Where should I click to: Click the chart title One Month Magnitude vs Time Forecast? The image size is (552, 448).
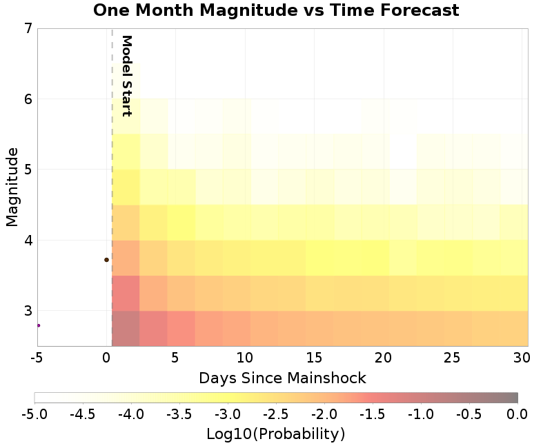click(276, 10)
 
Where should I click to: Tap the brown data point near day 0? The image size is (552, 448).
click(106, 260)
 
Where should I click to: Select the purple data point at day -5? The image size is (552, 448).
click(39, 325)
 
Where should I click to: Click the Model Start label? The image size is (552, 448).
click(126, 76)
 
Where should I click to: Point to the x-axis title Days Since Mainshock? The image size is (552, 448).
click(282, 378)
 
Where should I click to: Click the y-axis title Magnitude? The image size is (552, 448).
click(12, 187)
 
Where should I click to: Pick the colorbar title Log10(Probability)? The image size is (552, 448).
click(275, 434)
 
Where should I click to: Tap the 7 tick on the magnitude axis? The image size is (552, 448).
click(28, 28)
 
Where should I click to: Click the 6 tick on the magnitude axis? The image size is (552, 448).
click(28, 99)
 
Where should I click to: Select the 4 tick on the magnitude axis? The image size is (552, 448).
click(28, 241)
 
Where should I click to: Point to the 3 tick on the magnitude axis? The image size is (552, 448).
click(28, 311)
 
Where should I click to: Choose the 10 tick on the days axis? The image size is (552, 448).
click(245, 358)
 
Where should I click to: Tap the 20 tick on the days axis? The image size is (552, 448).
click(383, 358)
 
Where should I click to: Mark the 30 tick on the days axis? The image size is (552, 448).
click(522, 358)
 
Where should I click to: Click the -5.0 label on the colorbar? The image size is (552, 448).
click(34, 414)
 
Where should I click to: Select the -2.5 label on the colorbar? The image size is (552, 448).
click(275, 414)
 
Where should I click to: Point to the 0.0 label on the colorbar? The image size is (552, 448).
click(517, 414)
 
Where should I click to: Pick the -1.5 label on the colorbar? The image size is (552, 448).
click(373, 414)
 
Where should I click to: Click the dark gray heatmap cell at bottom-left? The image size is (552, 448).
click(126, 329)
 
